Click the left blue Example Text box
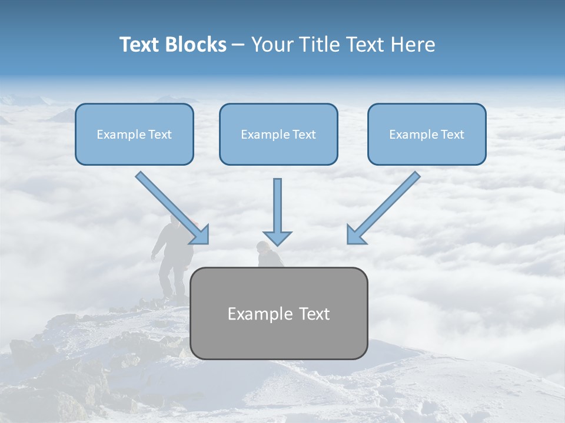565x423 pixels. tap(134, 134)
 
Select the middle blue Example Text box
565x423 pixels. tap(278, 134)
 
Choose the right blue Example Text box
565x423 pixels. tap(427, 134)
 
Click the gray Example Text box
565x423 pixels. tap(278, 313)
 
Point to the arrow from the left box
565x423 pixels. tap(171, 207)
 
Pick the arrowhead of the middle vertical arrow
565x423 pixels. tap(277, 239)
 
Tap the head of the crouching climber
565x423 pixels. tap(262, 247)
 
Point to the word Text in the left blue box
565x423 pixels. tap(160, 135)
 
